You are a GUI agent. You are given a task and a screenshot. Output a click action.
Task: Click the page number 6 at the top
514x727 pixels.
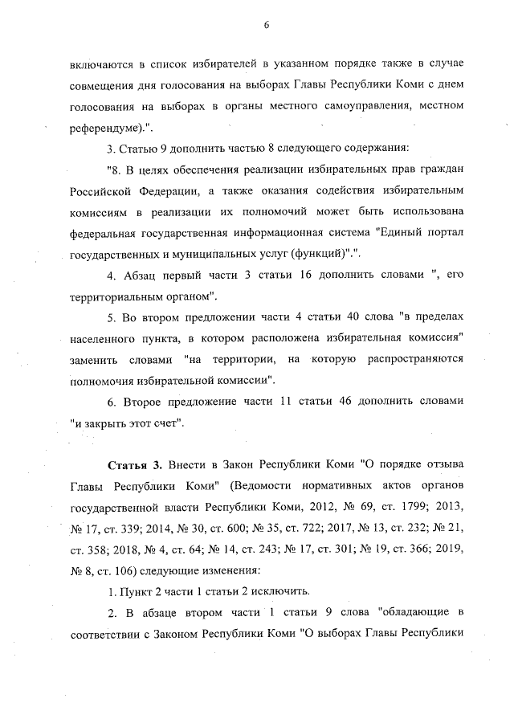pos(265,25)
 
